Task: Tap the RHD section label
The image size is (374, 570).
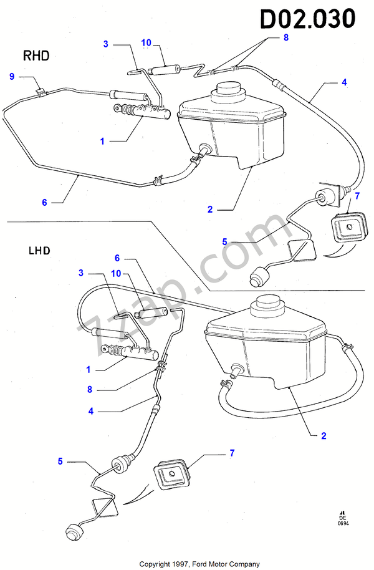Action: coord(37,56)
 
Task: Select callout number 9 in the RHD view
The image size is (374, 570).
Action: coord(11,76)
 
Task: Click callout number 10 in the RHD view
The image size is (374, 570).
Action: coord(146,43)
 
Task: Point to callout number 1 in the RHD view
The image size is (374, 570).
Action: coord(102,142)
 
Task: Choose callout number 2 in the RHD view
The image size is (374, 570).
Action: coord(210,210)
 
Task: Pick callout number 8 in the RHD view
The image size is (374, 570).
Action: coord(286,37)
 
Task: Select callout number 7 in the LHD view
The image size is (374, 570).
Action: coord(232,453)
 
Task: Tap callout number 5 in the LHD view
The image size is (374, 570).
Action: coord(60,461)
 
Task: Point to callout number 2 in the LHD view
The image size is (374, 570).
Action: coord(324,436)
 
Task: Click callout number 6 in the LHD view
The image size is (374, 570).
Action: coord(117,258)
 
